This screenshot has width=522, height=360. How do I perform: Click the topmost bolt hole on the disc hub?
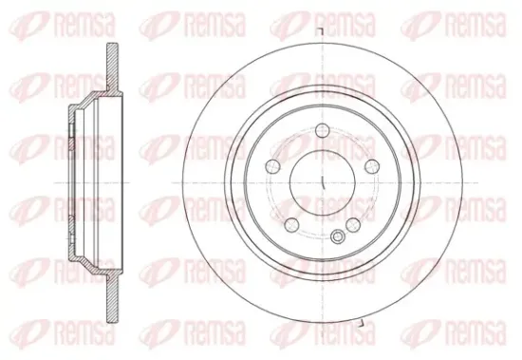point(323,130)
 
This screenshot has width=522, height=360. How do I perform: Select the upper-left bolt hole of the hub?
point(273,166)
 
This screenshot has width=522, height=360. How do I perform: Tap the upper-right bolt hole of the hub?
point(371,166)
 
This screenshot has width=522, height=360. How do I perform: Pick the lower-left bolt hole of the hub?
point(292,224)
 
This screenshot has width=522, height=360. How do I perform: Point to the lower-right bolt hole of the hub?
point(353,224)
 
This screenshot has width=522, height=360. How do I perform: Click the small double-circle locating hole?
point(338,237)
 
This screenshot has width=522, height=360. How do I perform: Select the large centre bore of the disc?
point(323,183)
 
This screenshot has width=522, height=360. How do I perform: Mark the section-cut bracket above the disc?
point(320,31)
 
